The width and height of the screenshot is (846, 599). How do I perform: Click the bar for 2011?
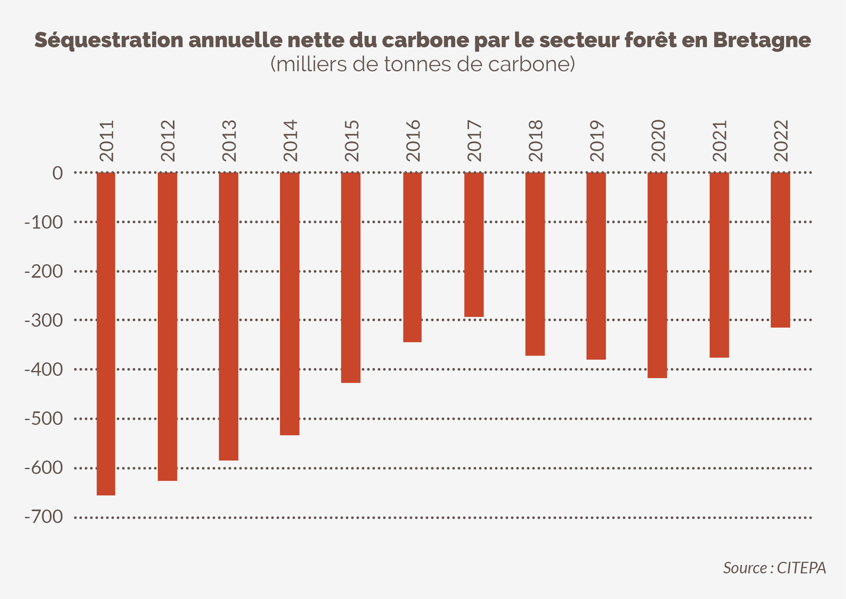tap(106, 334)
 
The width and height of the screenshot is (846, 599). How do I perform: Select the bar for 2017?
tap(474, 245)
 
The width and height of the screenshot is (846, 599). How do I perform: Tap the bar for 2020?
tap(657, 275)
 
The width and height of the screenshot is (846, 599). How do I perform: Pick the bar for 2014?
tap(290, 304)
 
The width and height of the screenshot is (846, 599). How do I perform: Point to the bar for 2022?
tap(780, 250)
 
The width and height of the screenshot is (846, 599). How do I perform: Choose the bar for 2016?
tap(412, 257)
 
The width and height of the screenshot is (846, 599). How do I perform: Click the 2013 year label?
tap(229, 140)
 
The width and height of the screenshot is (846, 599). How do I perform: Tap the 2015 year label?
tap(351, 140)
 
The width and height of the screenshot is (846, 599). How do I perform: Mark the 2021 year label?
tap(719, 140)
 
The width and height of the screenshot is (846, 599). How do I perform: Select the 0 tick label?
tap(57, 173)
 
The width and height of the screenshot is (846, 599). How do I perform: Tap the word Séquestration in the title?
tap(109, 40)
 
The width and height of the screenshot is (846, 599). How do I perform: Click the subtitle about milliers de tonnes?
tap(423, 64)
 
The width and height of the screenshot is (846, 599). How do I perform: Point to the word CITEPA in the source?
tap(801, 568)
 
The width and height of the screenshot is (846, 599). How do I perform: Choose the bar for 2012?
tap(167, 326)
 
